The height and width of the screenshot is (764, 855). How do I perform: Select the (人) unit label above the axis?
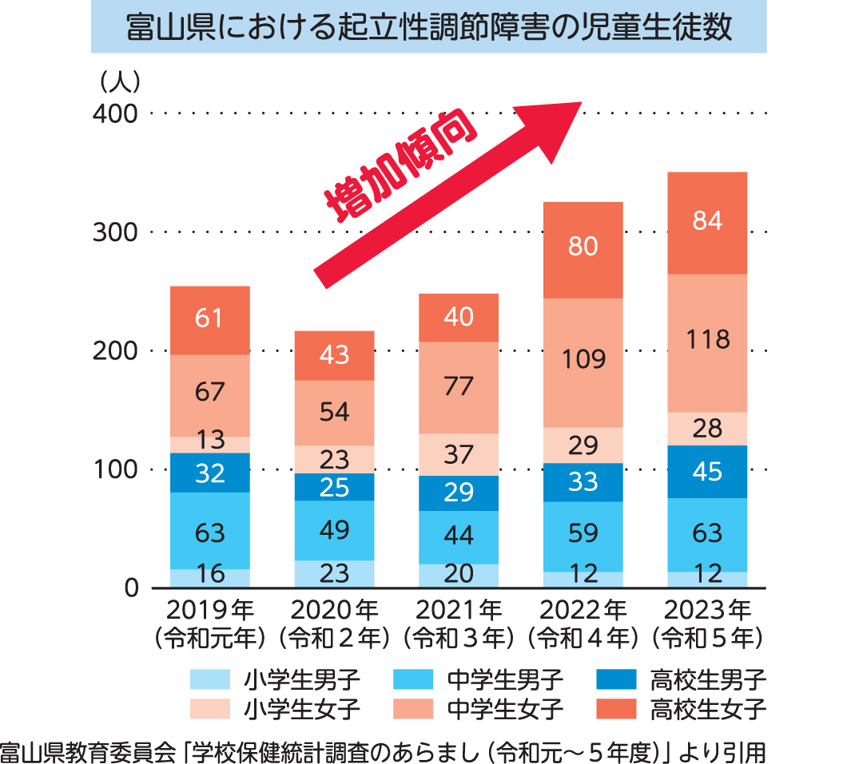pyautogui.click(x=119, y=81)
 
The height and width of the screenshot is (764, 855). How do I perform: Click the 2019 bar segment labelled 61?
pyautogui.click(x=210, y=320)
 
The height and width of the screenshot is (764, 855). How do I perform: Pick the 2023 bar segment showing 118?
pyautogui.click(x=707, y=342)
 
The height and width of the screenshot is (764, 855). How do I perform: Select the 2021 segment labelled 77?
pyautogui.click(x=459, y=387)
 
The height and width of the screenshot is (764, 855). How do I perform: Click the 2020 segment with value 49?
pyautogui.click(x=334, y=530)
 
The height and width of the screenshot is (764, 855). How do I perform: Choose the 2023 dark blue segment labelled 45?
pyautogui.click(x=707, y=472)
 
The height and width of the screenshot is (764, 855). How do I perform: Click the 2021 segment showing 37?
pyautogui.click(x=459, y=454)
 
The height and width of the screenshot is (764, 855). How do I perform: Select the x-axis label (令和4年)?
pyautogui.click(x=583, y=638)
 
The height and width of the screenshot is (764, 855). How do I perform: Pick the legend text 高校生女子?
pyautogui.click(x=709, y=708)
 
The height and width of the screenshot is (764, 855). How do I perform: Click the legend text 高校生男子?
pyautogui.click(x=709, y=680)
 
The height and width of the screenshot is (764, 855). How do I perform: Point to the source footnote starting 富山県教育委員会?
pyautogui.click(x=384, y=750)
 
